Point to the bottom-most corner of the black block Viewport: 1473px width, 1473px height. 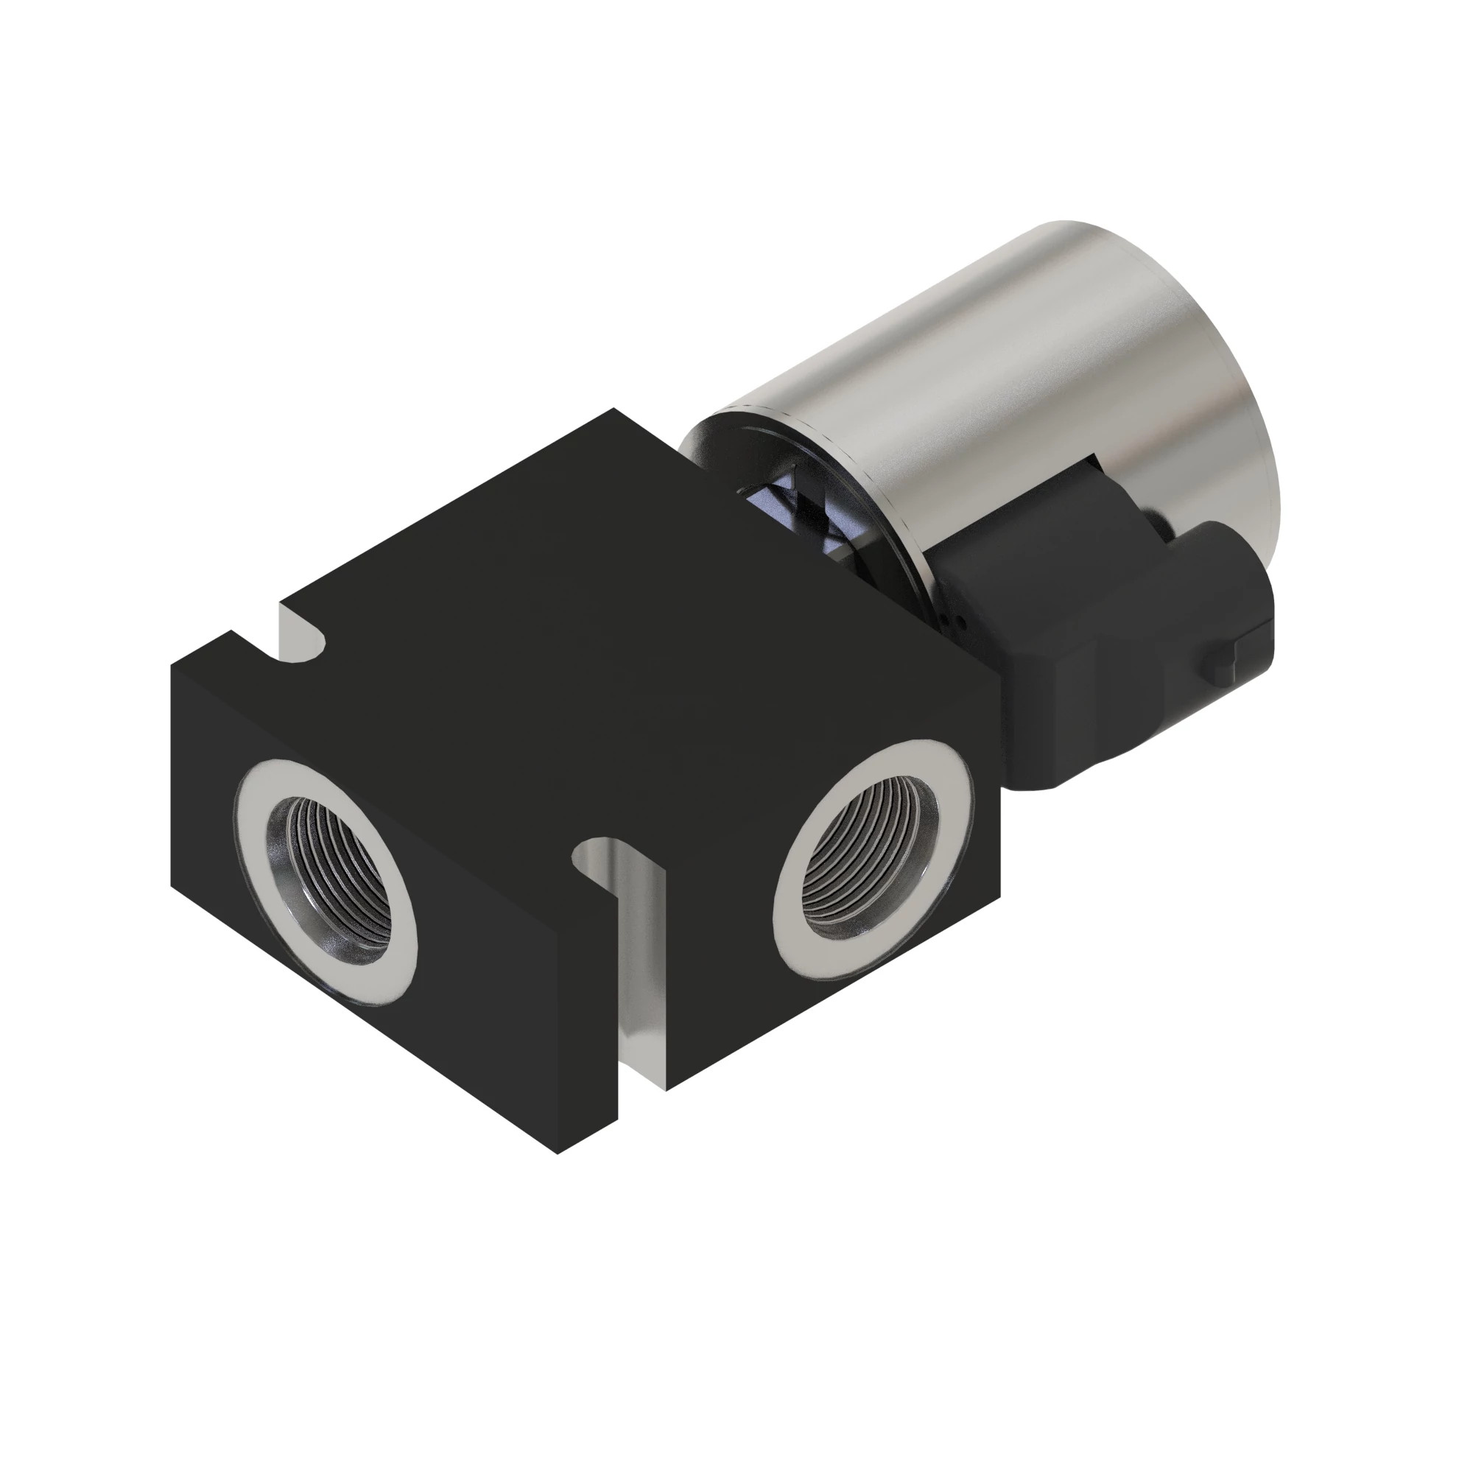559,1174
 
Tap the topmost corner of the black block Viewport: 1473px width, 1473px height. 614,409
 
